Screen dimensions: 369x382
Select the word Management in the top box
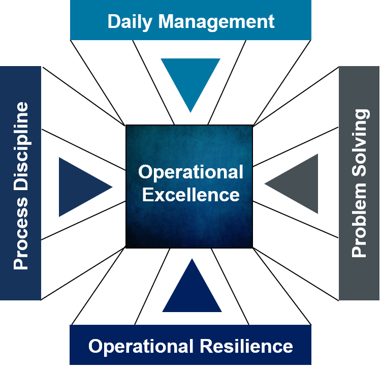click(216, 21)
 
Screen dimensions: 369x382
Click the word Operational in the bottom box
click(140, 346)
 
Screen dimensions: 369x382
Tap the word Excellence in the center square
click(190, 194)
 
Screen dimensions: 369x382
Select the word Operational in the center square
click(190, 172)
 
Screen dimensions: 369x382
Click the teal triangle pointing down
click(190, 79)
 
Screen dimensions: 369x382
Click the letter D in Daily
click(113, 21)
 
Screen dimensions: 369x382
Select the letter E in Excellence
click(147, 194)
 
